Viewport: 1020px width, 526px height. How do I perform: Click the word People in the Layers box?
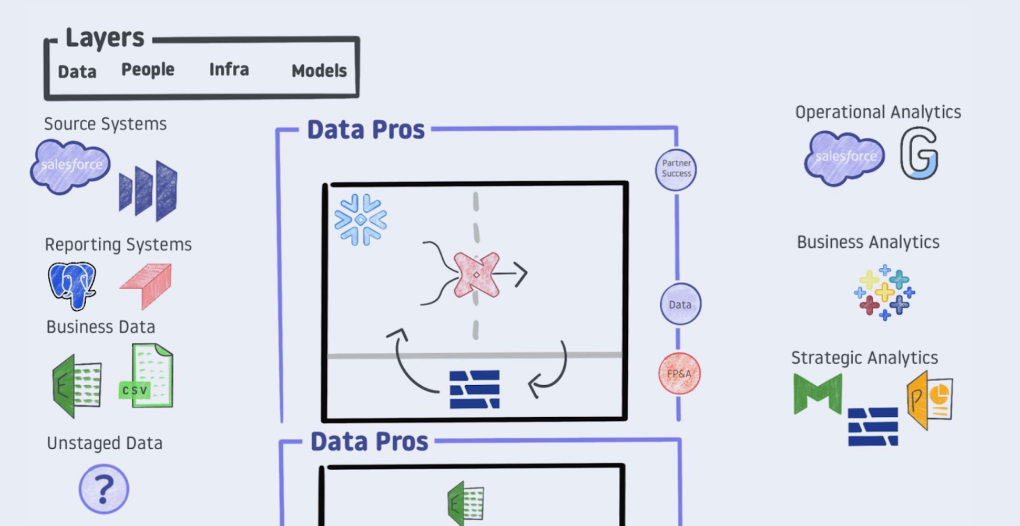(148, 70)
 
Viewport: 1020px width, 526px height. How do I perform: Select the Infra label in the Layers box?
(229, 70)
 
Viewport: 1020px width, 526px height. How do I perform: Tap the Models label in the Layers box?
(319, 71)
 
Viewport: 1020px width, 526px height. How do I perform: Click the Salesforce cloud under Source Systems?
(71, 166)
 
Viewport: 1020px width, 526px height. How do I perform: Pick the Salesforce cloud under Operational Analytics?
(845, 157)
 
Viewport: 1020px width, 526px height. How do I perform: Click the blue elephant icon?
(72, 285)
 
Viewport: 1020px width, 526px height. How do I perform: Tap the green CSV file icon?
(148, 376)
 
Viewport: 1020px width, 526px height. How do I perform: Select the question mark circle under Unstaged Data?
(103, 489)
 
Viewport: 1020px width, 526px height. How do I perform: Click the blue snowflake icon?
(361, 219)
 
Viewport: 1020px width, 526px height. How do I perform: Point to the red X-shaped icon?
(477, 274)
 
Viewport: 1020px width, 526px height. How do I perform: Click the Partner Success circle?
(676, 169)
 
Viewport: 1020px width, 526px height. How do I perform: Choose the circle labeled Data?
(680, 304)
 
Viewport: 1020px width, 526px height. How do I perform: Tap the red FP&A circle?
(679, 373)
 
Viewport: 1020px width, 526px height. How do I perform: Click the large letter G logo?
(918, 154)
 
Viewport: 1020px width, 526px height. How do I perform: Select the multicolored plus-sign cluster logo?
(884, 293)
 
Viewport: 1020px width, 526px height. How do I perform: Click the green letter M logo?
(817, 394)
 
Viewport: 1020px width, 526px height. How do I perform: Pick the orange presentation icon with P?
(930, 400)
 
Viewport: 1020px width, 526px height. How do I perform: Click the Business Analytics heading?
(868, 242)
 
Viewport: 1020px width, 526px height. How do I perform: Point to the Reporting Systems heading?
(118, 244)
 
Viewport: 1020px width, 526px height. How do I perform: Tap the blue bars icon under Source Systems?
(148, 190)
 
